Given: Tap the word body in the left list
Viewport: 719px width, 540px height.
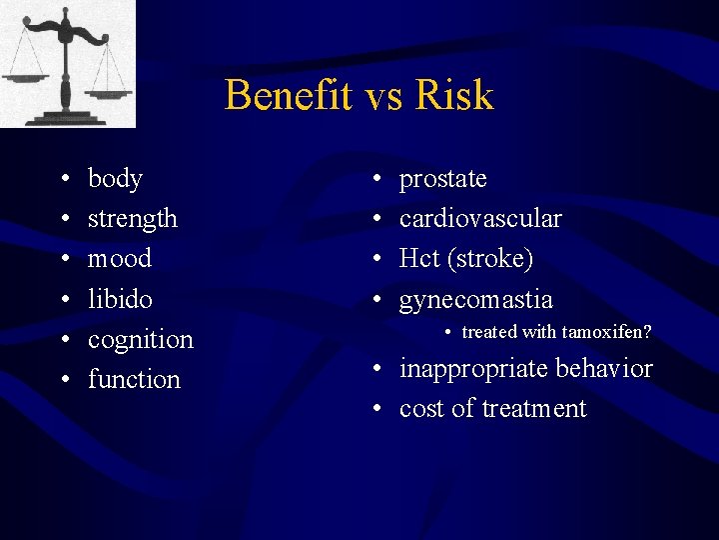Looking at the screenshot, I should [115, 179].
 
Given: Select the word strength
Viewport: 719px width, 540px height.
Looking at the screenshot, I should [132, 219].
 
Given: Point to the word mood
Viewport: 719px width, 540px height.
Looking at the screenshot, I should [120, 259].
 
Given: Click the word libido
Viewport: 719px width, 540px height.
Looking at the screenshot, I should [120, 299].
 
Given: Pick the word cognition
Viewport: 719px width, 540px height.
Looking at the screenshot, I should [140, 340].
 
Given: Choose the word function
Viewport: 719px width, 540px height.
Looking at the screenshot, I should [134, 380].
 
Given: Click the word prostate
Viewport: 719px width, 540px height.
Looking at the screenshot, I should [442, 179].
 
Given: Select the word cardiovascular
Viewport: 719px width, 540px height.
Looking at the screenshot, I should [480, 219].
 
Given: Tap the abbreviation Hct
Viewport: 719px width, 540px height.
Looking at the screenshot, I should [419, 259].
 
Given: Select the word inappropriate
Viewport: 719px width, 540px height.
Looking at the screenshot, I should [473, 369].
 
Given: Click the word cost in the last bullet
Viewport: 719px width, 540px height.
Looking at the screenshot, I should [417, 409].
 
